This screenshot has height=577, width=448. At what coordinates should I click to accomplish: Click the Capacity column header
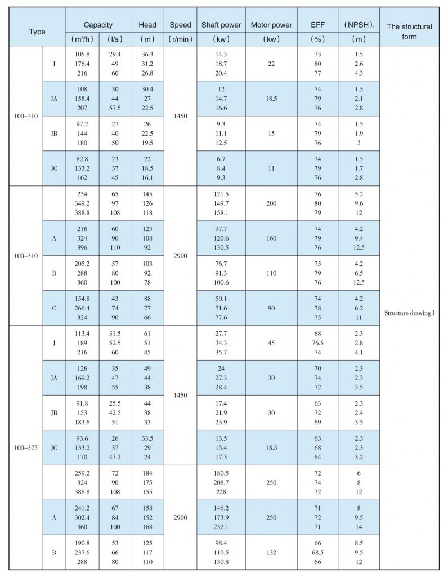point(98,25)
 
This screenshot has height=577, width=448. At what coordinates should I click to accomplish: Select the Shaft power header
point(221,25)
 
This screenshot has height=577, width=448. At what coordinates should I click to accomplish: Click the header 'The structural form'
point(409,32)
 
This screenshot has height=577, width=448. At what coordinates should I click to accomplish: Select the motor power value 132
point(271,552)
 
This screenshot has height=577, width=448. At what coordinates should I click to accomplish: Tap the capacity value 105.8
point(82,54)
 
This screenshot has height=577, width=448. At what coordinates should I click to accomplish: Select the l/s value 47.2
point(115,458)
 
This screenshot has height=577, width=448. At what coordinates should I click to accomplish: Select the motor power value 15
point(271,133)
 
